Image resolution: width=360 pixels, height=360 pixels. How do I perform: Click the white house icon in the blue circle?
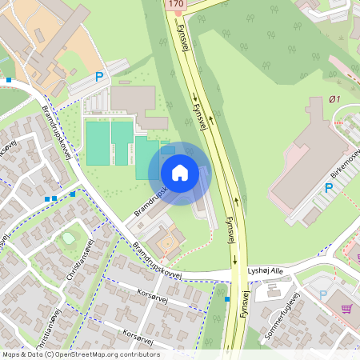tap(180, 173)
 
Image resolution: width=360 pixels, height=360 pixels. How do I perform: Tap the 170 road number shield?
tap(176, 5)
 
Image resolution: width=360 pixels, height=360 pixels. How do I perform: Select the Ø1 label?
tap(334, 100)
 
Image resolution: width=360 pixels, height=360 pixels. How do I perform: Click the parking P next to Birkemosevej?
tap(328, 189)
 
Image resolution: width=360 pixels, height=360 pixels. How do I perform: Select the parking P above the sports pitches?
tap(100, 77)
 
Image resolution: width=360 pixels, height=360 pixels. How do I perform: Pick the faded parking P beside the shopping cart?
tap(323, 295)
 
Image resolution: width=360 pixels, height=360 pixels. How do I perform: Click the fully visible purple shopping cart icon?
tap(346, 307)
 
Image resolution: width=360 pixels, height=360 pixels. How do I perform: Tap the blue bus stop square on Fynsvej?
tap(228, 299)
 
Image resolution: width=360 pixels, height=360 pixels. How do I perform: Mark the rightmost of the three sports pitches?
tap(142, 157)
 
